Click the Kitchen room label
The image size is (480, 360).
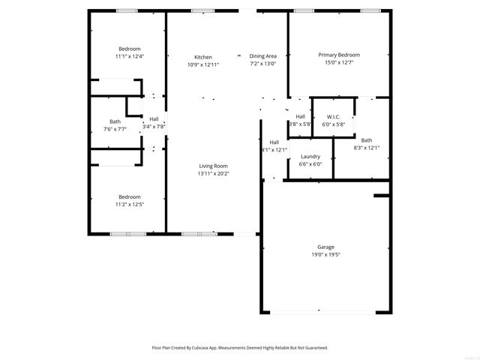point(203,57)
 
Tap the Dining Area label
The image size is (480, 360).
point(262,56)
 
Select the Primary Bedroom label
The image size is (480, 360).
point(339,55)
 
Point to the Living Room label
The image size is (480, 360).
point(213,166)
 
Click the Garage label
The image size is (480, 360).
point(325,247)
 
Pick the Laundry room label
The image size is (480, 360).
point(310,156)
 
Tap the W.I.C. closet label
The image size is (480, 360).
point(334,117)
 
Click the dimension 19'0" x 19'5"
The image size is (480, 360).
point(325,254)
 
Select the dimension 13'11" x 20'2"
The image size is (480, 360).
point(213,173)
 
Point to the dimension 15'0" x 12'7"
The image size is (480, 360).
point(339,62)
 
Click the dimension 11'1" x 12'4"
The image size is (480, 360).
point(129,56)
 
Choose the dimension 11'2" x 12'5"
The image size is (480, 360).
point(129,204)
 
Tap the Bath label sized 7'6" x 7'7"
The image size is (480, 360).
point(115,121)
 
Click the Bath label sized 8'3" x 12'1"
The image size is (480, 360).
point(367,140)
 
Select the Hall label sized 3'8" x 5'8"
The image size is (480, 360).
point(300,117)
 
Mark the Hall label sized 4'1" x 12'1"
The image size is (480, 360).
point(274,142)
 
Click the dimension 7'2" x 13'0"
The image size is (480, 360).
point(262,64)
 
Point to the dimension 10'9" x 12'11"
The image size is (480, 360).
point(203,64)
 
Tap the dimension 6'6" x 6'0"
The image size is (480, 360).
point(310,163)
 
